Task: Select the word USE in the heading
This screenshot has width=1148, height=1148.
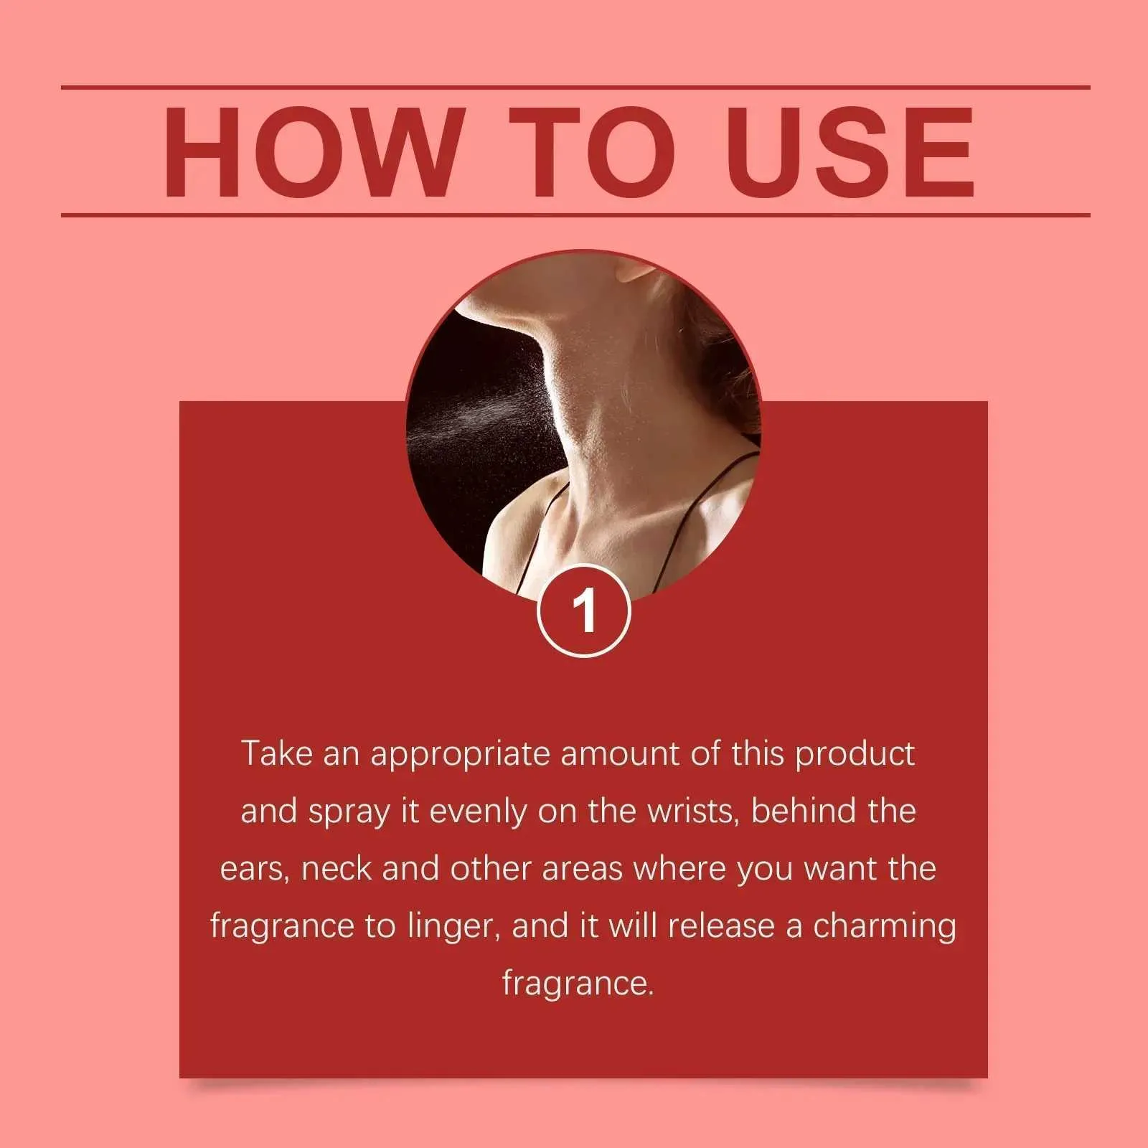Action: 850,151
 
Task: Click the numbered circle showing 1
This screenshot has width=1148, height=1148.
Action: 584,611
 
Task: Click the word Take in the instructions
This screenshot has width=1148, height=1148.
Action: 276,753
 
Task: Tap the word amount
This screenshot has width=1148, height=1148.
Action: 619,754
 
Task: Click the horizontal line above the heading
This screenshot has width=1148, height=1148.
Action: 575,88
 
